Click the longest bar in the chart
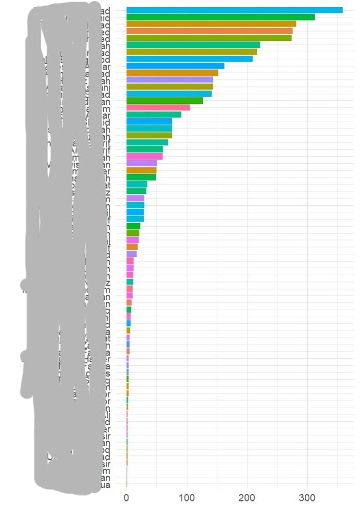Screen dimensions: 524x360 coord(234,10)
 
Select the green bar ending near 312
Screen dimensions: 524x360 coord(220,17)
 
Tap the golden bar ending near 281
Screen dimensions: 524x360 coord(211,24)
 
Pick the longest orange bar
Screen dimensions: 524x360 coord(209,31)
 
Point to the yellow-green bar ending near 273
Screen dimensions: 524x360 coord(209,38)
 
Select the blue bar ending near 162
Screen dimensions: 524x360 coord(175,66)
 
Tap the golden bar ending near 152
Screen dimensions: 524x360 coord(172,73)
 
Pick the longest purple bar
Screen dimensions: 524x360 coord(170,80)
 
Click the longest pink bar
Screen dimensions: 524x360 coord(158,107)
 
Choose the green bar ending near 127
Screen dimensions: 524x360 coord(165,101)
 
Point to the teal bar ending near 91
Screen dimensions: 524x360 coord(154,115)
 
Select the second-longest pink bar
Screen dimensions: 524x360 coord(145,156)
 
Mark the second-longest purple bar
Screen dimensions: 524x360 coord(142,163)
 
